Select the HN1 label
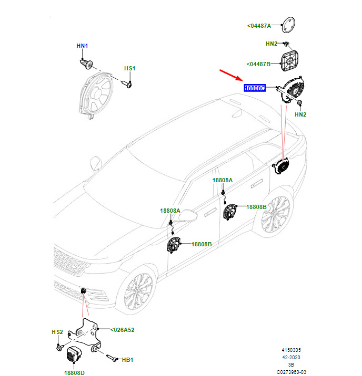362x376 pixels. (83, 46)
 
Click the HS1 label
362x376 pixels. (129, 69)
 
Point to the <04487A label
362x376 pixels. (259, 25)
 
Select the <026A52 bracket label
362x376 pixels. (123, 330)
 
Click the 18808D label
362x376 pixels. (75, 372)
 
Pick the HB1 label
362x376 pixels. (128, 360)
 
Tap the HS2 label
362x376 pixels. (57, 332)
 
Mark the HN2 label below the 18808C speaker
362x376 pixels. (300, 114)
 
